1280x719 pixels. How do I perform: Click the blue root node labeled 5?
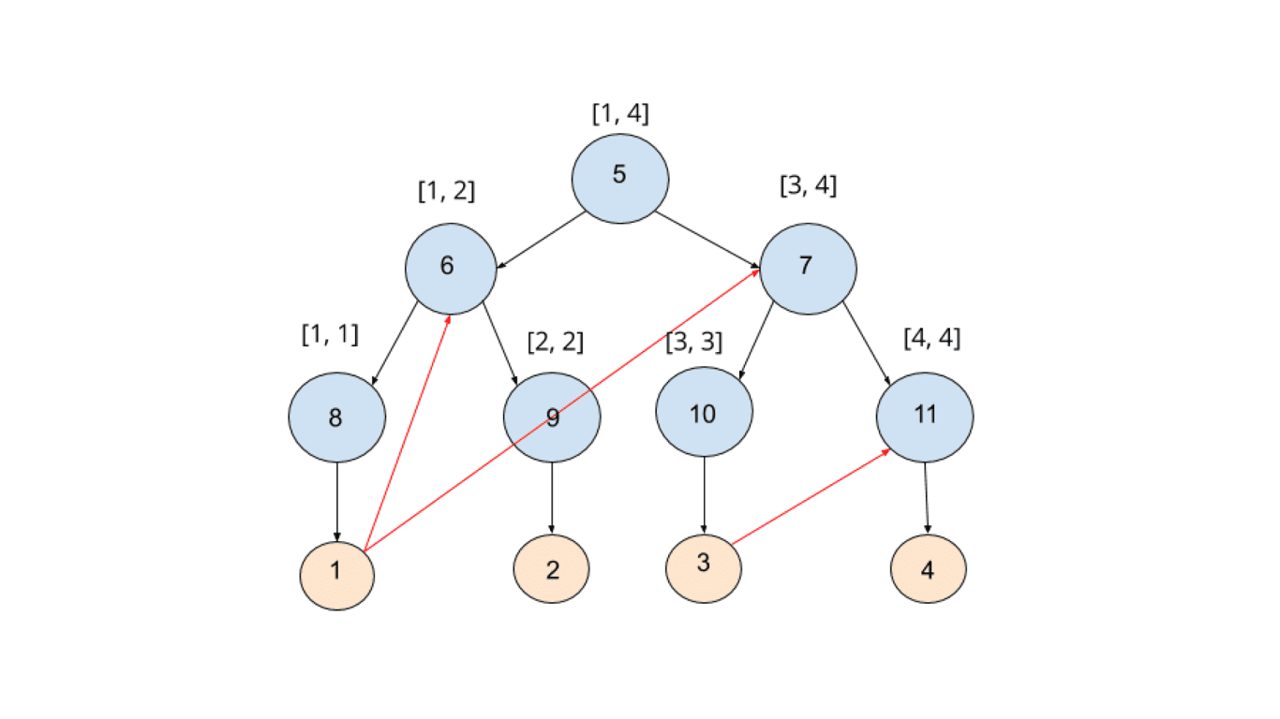coord(620,178)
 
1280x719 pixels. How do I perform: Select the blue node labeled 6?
coord(451,268)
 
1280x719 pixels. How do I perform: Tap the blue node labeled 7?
coord(808,268)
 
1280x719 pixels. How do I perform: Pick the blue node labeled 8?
coord(336,417)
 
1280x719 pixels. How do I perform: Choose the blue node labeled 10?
coord(704,412)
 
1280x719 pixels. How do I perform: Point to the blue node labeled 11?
coord(925,417)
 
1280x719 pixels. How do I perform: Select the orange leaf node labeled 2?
coord(552,568)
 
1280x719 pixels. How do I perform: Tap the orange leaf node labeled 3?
coord(704,567)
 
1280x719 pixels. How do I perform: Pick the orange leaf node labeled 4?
coord(928,568)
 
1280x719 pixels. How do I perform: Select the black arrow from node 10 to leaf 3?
coord(704,496)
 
